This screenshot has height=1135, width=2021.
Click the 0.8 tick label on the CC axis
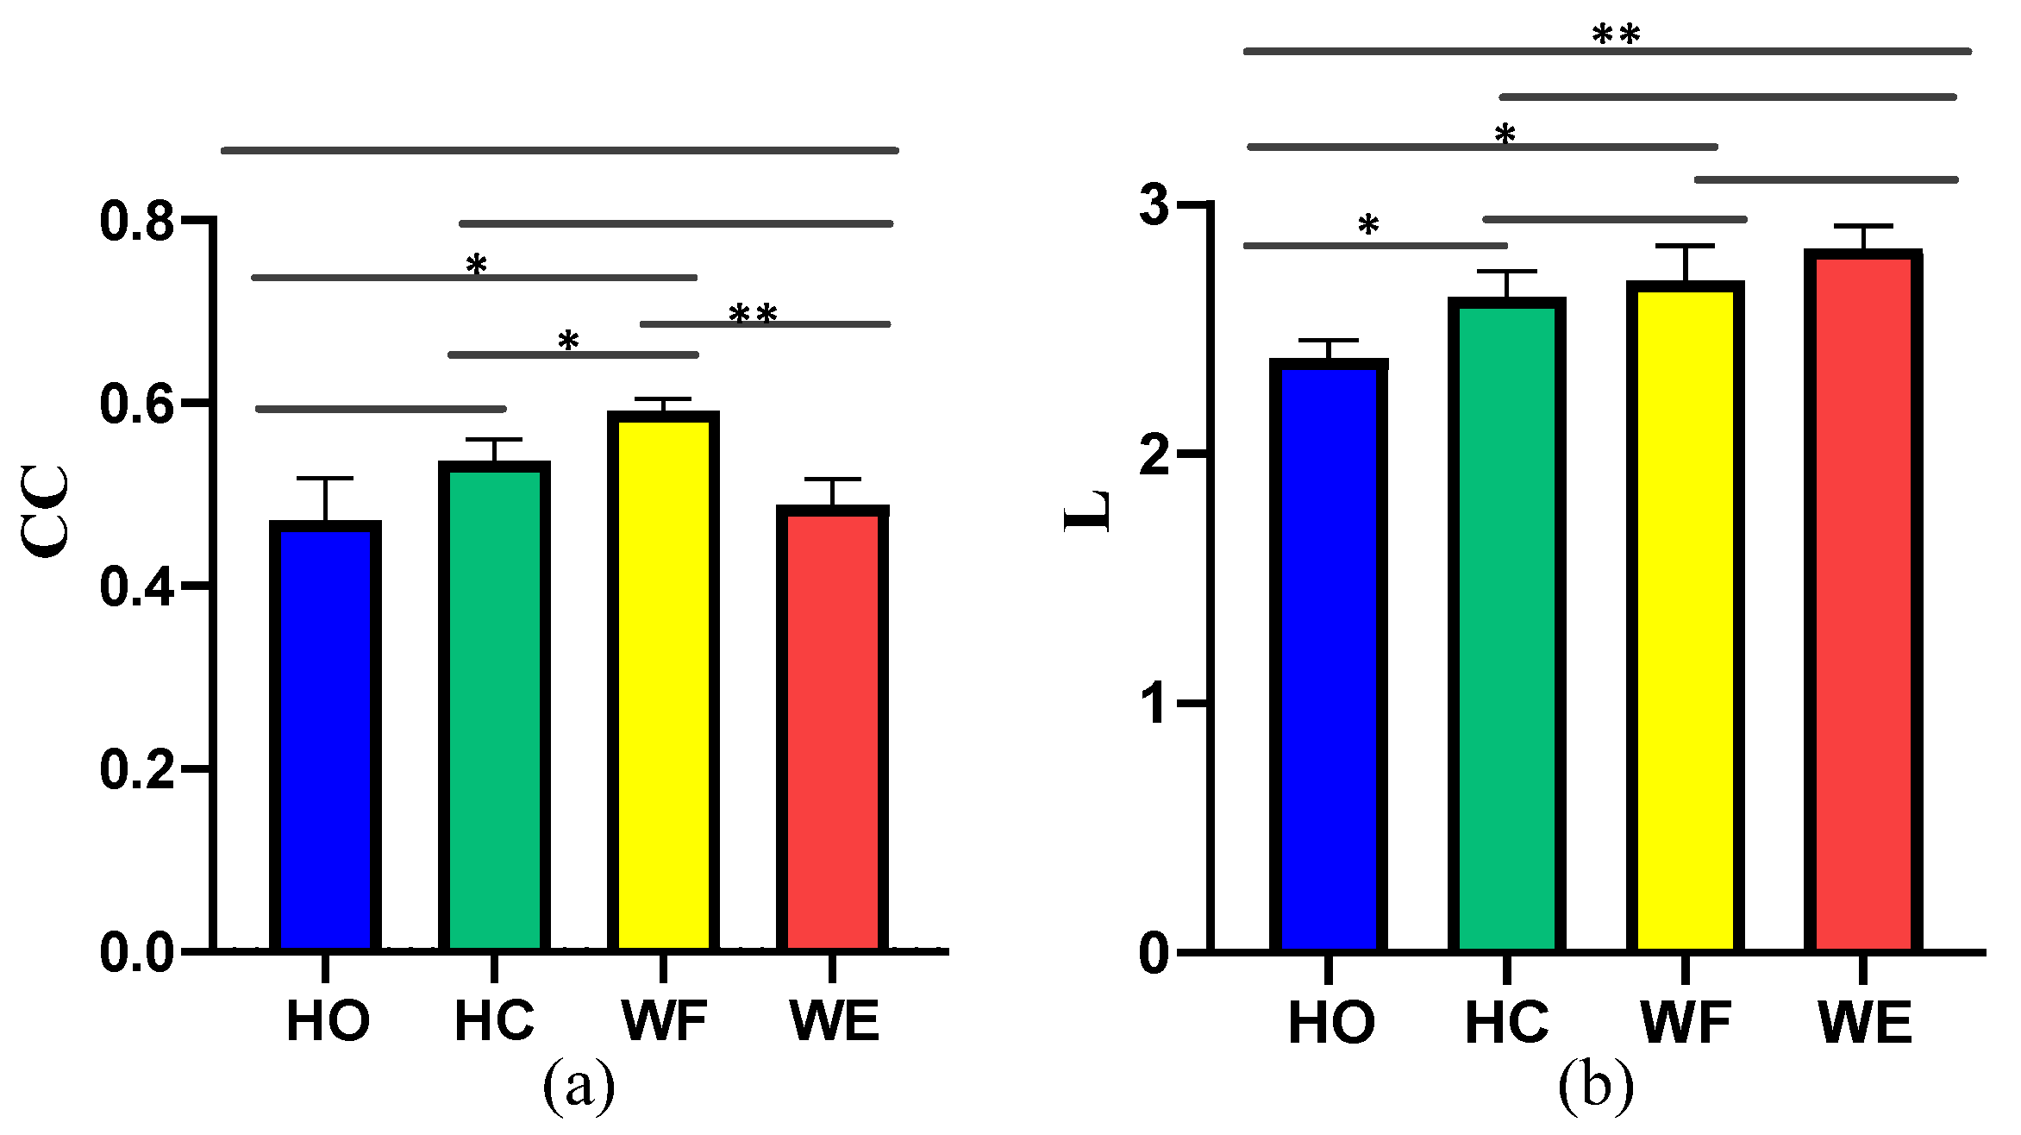(x=136, y=221)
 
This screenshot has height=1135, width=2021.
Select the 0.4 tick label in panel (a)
(x=136, y=586)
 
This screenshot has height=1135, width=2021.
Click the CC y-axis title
(x=45, y=511)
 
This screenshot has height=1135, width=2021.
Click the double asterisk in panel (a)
(x=753, y=314)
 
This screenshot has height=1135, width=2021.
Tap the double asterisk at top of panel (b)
(x=1615, y=34)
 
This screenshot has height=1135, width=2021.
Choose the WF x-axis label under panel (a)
(x=664, y=1021)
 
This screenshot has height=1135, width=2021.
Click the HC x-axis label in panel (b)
(x=1506, y=1023)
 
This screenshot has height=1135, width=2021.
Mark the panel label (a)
(x=579, y=1085)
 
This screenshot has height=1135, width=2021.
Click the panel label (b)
(x=1595, y=1085)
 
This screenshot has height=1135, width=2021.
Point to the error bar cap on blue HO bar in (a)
(x=325, y=478)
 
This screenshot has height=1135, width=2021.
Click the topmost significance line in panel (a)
(x=560, y=150)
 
